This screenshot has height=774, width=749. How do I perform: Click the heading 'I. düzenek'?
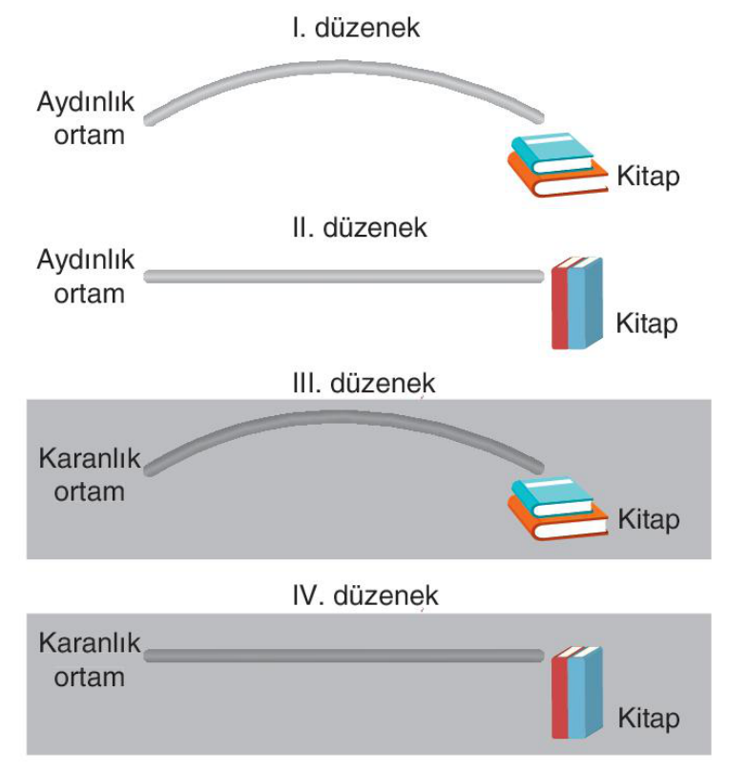click(x=356, y=28)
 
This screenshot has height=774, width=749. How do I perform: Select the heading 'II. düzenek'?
click(x=359, y=227)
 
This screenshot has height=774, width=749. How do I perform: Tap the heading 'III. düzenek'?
click(x=364, y=384)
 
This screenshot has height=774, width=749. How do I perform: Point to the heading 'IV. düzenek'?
click(x=365, y=596)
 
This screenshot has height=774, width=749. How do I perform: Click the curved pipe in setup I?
click(x=343, y=67)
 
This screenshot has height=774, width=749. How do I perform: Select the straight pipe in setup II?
click(x=343, y=277)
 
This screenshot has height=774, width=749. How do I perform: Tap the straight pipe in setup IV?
click(x=343, y=656)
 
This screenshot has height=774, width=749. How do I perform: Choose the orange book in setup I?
click(x=557, y=180)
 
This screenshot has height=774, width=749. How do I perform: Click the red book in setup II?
click(x=560, y=304)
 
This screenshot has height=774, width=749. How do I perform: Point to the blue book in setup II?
click(x=585, y=303)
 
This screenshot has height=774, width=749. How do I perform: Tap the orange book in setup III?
click(x=557, y=524)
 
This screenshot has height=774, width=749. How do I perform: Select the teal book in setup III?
click(x=552, y=495)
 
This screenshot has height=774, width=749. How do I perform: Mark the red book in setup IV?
click(x=560, y=694)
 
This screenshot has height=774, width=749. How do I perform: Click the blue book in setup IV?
click(x=585, y=692)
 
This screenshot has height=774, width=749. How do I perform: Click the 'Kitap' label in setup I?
click(x=648, y=177)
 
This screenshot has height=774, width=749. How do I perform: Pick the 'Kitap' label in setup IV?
click(x=649, y=719)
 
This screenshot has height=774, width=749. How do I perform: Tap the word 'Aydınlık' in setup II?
click(x=85, y=261)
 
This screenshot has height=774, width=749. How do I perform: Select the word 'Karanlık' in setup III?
click(x=90, y=458)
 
